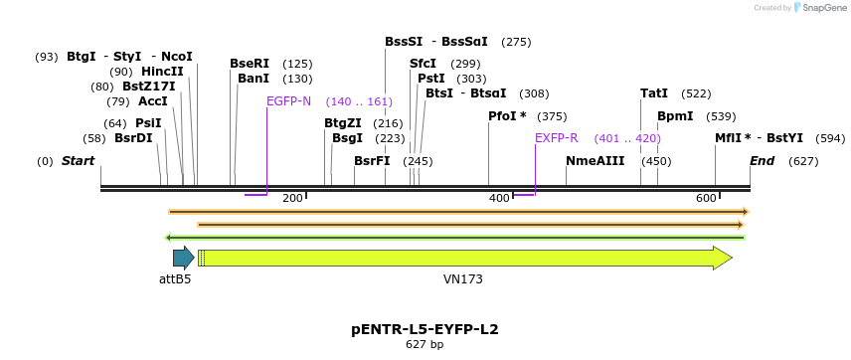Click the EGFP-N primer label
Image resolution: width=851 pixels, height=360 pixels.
288,101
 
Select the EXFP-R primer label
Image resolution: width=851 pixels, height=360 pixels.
556,138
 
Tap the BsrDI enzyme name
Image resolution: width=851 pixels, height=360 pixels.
133,138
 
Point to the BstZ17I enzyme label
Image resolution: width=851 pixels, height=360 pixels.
148,87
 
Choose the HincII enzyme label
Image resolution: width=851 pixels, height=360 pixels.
162,72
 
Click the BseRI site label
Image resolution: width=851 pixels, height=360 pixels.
250,64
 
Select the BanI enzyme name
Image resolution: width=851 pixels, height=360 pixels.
254,79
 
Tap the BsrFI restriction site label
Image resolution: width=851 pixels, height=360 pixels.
372,161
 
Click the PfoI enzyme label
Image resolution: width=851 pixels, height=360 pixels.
506,116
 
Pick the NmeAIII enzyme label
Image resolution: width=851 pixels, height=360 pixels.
596,161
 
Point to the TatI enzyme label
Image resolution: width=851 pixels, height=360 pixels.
654,93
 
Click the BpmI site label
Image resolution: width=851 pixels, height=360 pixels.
675,116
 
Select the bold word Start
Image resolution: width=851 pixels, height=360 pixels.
79,161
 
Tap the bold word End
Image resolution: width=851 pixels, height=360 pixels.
763,161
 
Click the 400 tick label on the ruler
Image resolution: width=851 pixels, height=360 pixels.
499,199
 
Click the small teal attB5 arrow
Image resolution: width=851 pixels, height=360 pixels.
183,259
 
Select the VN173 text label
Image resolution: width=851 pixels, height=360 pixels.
463,279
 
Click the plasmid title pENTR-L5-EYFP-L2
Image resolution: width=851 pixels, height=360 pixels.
425,329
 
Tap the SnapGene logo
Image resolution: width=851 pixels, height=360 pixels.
818,8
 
